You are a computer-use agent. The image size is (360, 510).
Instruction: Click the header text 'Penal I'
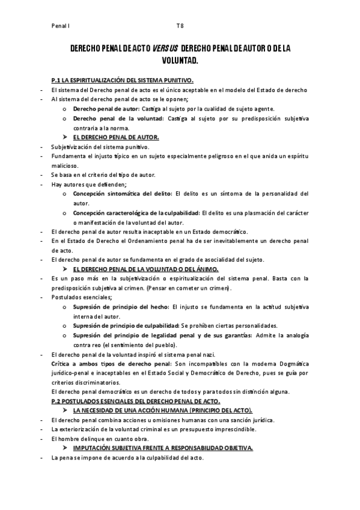pos(61,26)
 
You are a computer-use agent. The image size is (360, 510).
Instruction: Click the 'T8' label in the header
pos(180,26)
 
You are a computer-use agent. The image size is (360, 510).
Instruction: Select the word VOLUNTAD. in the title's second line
pos(180,61)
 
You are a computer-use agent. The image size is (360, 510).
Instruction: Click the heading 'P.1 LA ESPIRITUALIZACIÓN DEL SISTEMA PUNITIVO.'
pos(123,80)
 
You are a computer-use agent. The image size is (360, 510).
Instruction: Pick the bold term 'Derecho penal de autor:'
pos(105,109)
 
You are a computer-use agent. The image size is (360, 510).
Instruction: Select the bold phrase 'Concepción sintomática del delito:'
pos(122,194)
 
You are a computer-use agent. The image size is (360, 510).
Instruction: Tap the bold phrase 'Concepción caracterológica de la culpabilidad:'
pos(136,213)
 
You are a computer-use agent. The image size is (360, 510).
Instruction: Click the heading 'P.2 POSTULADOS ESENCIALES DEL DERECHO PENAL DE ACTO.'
pos(136,401)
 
